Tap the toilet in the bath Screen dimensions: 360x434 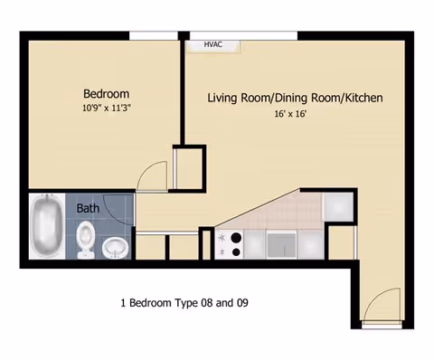(85, 237)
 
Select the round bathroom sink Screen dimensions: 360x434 (116, 245)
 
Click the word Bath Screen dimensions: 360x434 (88, 208)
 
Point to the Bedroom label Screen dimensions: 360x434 (106, 93)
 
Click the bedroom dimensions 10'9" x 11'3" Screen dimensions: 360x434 (107, 108)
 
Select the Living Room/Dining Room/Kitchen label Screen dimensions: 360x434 (296, 98)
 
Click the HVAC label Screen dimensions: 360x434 (213, 43)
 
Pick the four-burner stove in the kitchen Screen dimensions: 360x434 (231, 243)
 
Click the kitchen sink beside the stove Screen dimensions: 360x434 (280, 243)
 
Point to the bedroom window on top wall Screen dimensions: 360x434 (155, 36)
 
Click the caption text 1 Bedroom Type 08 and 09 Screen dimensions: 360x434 (184, 303)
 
